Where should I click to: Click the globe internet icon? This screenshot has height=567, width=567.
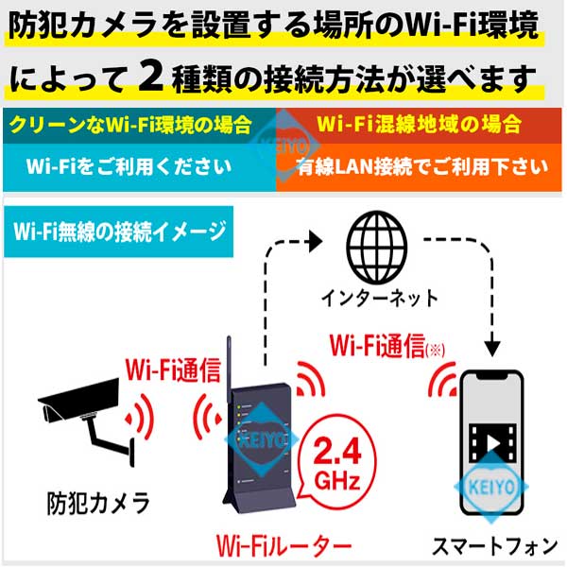click(377, 247)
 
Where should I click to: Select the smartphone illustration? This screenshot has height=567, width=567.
click(491, 442)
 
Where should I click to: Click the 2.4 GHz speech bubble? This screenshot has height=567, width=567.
click(337, 462)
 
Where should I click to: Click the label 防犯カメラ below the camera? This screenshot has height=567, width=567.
click(98, 503)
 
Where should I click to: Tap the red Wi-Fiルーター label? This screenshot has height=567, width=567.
click(283, 545)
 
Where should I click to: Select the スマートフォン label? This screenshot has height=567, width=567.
click(494, 545)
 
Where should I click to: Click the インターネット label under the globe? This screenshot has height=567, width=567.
click(379, 299)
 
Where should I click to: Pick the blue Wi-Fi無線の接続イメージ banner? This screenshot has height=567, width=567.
click(119, 232)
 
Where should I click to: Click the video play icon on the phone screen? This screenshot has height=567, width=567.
click(492, 443)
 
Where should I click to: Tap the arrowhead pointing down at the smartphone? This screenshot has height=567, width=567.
click(492, 349)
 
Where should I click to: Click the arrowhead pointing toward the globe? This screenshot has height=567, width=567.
click(315, 241)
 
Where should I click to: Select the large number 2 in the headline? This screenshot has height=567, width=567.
click(151, 77)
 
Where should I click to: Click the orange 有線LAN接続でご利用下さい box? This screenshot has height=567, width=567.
click(419, 167)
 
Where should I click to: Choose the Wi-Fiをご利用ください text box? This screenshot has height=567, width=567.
click(140, 167)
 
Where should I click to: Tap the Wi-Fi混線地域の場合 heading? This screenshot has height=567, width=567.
click(419, 124)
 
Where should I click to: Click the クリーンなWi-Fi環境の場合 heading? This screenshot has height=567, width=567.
click(130, 125)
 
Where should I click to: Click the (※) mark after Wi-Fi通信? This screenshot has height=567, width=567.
click(436, 350)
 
